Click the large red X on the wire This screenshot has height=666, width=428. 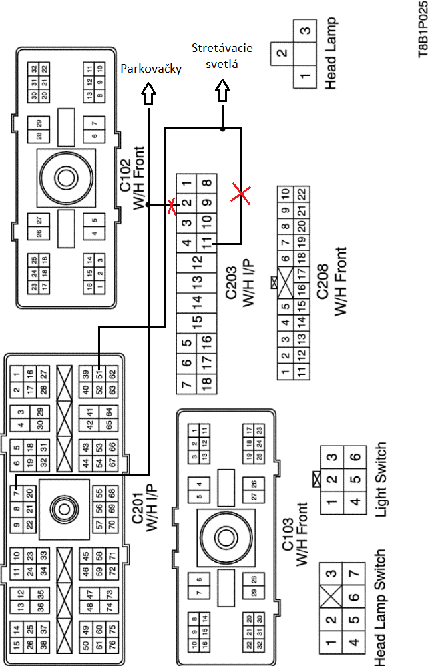pyautogui.click(x=241, y=194)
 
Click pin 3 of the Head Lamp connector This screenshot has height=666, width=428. pyautogui.click(x=306, y=31)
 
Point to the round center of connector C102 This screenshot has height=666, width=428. pyautogui.click(x=65, y=178)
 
